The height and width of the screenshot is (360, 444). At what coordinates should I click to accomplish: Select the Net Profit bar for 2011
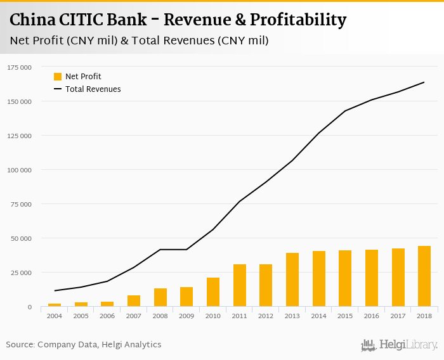coord(240,286)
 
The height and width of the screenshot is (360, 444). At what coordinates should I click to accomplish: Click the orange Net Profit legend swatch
coord(58,77)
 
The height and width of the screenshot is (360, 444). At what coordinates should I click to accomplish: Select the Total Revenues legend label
coord(93,89)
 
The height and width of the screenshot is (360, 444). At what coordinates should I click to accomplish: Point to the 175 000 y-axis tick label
coord(20,67)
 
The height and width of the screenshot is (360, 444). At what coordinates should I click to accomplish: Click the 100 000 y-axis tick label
coord(20,170)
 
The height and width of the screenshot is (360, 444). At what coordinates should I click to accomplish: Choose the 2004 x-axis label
coord(55,316)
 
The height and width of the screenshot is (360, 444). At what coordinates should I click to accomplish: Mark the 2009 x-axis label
coord(186,316)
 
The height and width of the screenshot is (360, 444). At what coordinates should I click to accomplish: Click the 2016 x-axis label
coord(372,316)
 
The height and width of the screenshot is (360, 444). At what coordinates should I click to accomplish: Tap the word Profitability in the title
coord(298,20)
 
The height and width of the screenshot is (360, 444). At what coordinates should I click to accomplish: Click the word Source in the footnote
coord(20,345)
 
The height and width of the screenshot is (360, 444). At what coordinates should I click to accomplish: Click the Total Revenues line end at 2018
coord(424,82)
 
